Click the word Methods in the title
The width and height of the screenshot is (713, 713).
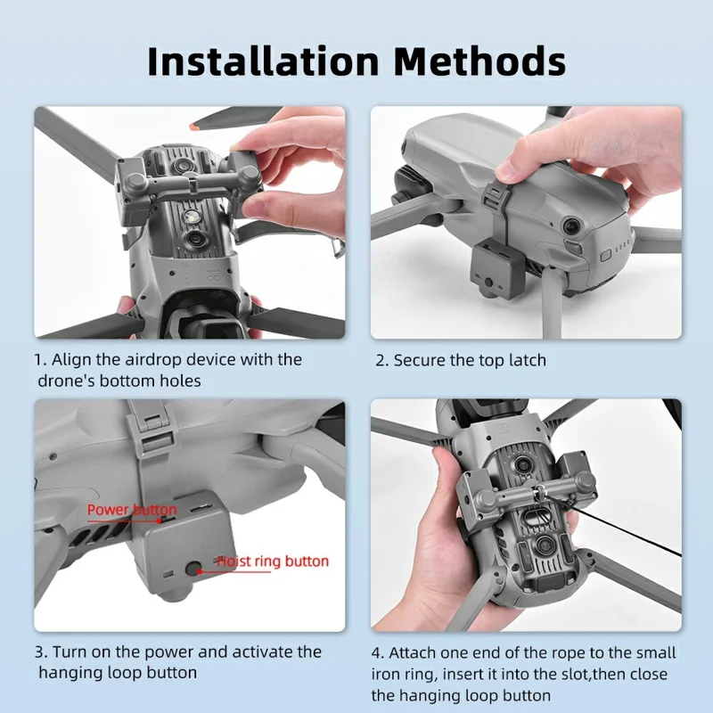point(479,61)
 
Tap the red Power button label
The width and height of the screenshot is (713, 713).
point(131,510)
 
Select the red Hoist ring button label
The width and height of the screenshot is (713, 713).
point(273,561)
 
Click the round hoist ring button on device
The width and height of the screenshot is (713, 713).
point(193,567)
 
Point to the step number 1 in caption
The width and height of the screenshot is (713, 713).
point(39,360)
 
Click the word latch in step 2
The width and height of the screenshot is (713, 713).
point(526,360)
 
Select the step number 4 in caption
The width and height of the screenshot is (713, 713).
point(377,653)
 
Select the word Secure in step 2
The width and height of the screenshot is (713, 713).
point(420,360)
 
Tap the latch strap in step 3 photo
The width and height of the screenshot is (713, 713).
point(146,437)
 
